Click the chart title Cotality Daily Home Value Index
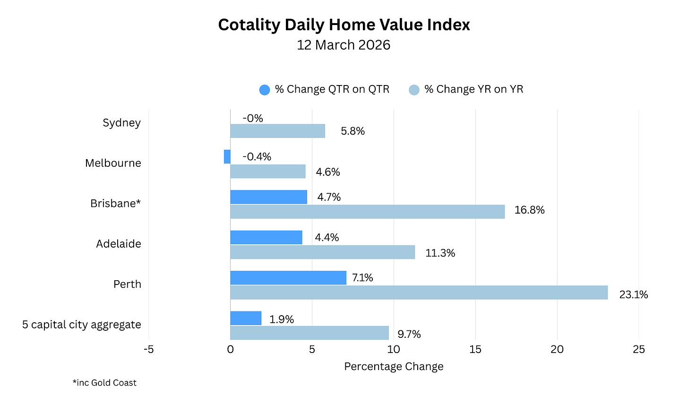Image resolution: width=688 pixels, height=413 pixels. coord(344,25)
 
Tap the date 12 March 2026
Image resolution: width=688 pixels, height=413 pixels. coord(344,45)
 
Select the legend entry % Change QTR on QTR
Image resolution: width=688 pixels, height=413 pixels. coord(325,89)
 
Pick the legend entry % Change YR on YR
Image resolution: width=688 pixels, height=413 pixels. coord(466,89)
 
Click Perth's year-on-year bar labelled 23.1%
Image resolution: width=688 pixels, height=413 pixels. coord(419,293)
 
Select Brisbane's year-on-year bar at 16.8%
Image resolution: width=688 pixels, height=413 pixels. coord(367,212)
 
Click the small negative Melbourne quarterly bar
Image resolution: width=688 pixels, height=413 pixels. coord(227,156)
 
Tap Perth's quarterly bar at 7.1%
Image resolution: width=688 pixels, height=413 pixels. coord(288,278)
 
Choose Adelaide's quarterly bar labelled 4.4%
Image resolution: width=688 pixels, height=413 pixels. coord(266,237)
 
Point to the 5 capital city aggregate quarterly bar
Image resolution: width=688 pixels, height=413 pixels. coord(246,318)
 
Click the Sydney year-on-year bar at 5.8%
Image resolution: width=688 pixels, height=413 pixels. coord(277,131)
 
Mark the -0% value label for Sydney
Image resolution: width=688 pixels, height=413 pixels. coord(253,118)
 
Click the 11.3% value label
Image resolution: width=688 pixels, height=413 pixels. coord(440,253)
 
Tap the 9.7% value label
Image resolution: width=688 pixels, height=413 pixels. coord(409,334)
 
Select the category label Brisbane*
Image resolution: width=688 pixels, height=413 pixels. coord(116,203)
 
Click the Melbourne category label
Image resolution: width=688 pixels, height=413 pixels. coord(113,163)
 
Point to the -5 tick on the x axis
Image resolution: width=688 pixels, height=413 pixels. coord(148,349)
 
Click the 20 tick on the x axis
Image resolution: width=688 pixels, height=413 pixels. coord(557,349)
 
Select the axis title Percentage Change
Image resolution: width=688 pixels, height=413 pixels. coord(394,366)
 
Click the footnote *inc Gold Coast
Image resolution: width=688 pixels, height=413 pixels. coord(104,383)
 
